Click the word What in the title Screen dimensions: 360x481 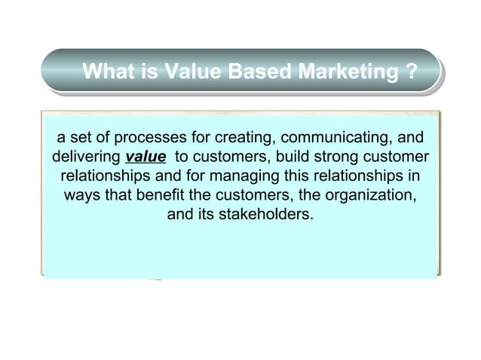pyautogui.click(x=109, y=73)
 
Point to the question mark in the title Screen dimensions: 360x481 pyautogui.click(x=411, y=73)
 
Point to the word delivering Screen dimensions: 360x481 pyautogui.click(x=84, y=158)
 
